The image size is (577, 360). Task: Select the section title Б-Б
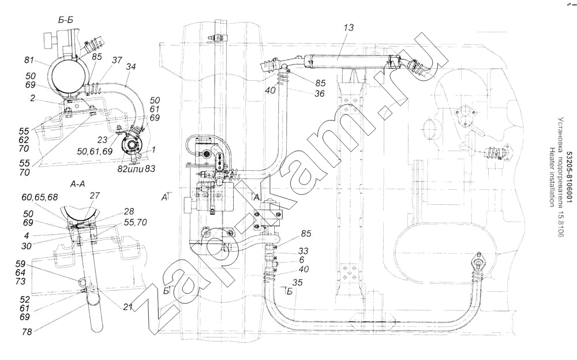[66, 20]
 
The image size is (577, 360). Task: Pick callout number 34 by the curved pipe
[131, 67]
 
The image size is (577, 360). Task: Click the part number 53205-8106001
[569, 179]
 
